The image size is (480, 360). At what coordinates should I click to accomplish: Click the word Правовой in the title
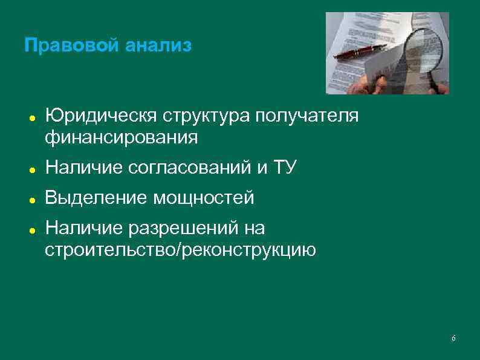click(x=65, y=46)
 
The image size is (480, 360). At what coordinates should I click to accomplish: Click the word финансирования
click(x=121, y=137)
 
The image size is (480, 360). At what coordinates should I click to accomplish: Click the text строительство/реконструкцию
click(x=180, y=249)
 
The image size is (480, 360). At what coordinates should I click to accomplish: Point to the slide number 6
click(x=453, y=338)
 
